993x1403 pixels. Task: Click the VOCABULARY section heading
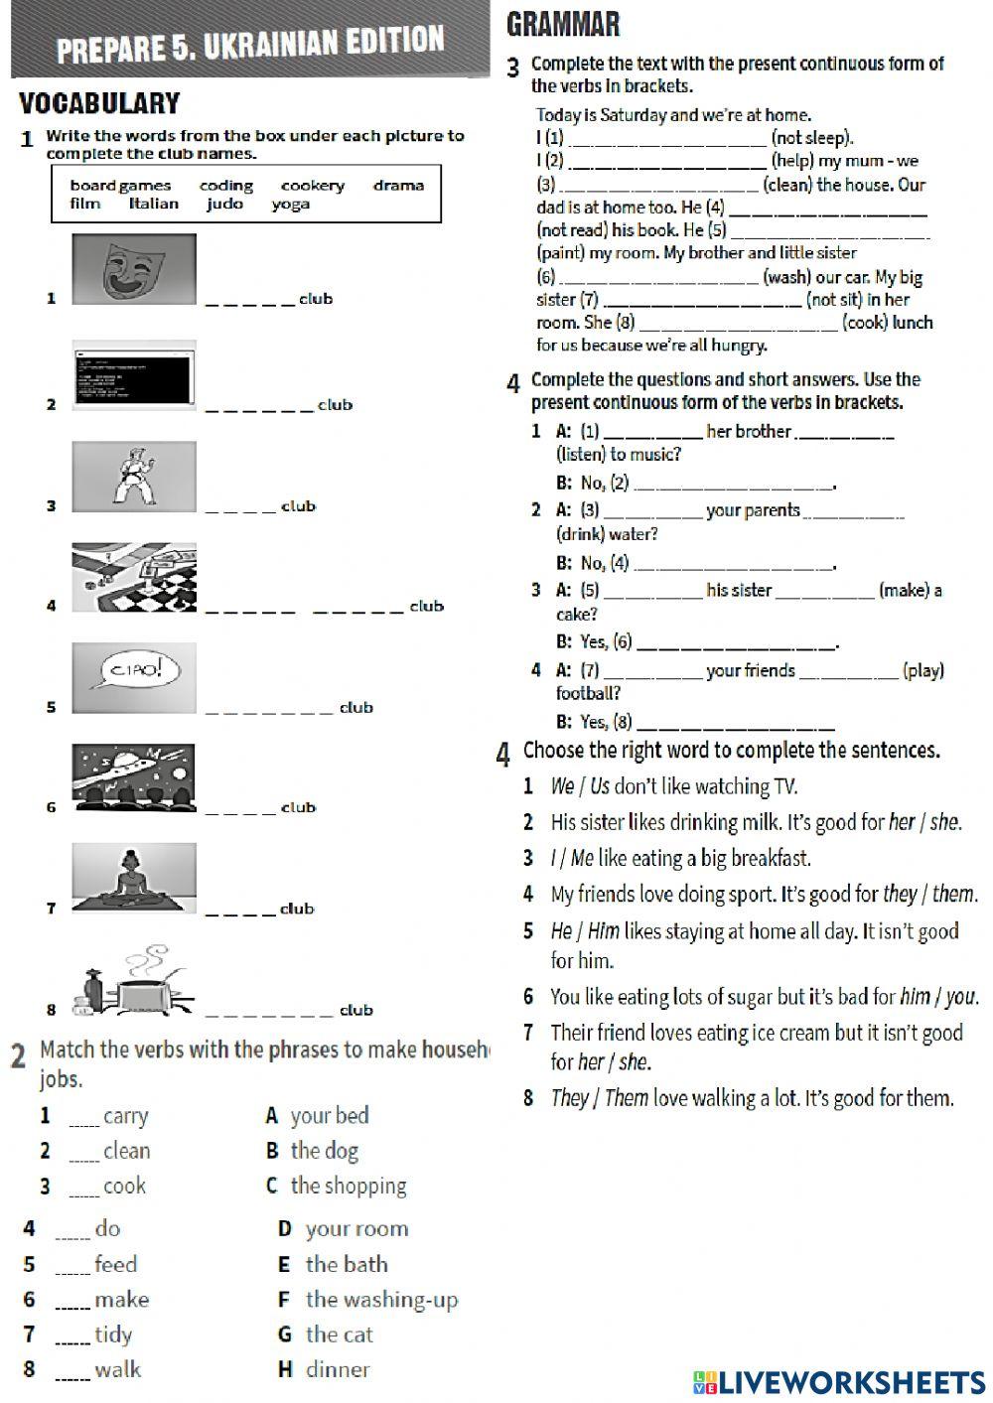(99, 103)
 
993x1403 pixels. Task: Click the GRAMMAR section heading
(563, 24)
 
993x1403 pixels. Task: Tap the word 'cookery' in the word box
(313, 186)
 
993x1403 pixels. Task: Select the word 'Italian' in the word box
(154, 204)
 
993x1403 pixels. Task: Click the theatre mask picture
(134, 268)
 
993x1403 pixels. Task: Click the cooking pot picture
(139, 983)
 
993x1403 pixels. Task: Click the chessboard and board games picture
(134, 578)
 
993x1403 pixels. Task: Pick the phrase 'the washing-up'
(381, 1299)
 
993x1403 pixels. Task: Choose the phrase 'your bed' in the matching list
(329, 1115)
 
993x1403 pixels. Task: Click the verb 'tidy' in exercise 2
(113, 1334)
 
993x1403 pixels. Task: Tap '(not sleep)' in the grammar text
(811, 138)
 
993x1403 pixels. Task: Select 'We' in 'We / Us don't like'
(562, 786)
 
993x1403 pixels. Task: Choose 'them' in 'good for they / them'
(952, 894)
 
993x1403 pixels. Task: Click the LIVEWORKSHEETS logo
(839, 1382)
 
